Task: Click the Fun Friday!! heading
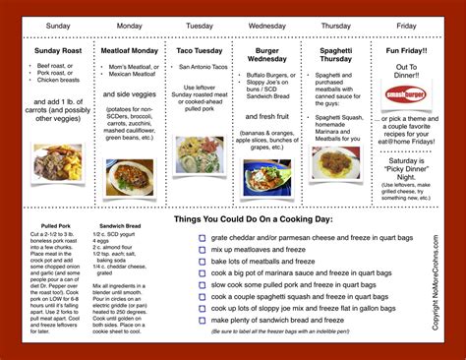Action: pos(405,50)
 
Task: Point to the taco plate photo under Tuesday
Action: pos(200,153)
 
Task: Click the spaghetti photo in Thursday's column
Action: pos(335,162)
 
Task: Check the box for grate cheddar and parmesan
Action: pos(201,237)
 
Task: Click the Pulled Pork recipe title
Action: pos(49,224)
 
